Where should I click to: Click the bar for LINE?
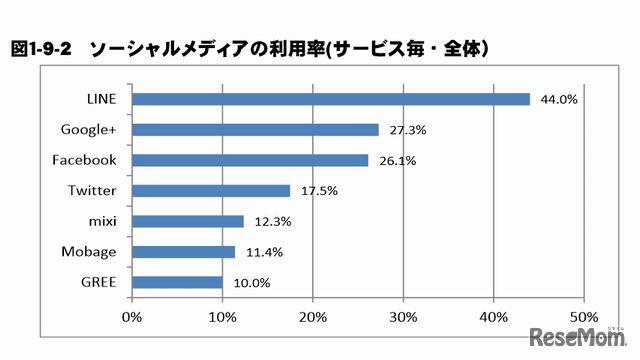[330, 99]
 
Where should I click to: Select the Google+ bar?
[255, 129]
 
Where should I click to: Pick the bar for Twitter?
[211, 190]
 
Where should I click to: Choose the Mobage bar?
[183, 252]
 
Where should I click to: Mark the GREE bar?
[177, 282]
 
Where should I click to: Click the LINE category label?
[101, 99]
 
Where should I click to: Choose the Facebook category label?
[84, 160]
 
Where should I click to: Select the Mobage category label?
[88, 252]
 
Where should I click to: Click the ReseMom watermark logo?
[580, 334]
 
